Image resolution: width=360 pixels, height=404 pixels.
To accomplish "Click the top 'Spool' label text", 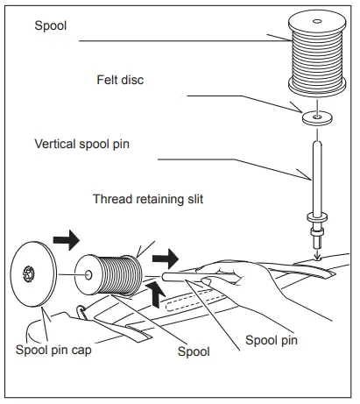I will coord(51,26).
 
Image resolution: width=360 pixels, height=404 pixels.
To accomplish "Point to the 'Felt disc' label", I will coord(120,80).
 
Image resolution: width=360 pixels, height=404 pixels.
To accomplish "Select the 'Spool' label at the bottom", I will coord(193,352).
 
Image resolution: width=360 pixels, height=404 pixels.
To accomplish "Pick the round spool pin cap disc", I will coord(33,273).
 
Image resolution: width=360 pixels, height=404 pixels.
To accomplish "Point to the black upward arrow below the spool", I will coord(155,295).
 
